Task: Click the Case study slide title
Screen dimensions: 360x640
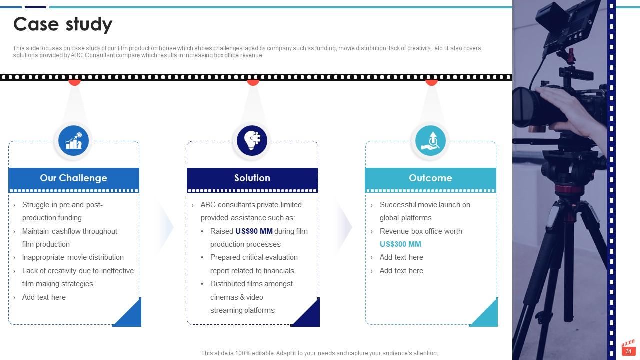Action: [x=63, y=24]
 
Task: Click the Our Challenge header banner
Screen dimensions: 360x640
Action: [x=73, y=178]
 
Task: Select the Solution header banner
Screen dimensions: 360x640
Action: [x=252, y=178]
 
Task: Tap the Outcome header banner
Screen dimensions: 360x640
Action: [x=430, y=178]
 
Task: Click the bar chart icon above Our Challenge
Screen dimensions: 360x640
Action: [x=74, y=141]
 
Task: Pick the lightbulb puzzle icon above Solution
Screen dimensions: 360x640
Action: [x=252, y=141]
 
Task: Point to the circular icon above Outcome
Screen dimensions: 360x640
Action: [x=430, y=141]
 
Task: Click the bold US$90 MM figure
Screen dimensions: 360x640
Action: [x=254, y=231]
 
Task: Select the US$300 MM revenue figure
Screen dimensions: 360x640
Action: [x=400, y=244]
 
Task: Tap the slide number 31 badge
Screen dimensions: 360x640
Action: [x=628, y=351]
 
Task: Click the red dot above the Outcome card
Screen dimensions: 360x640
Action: [x=431, y=82]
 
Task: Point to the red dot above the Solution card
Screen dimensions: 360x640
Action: [x=253, y=82]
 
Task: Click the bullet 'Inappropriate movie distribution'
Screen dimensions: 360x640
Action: [x=73, y=257]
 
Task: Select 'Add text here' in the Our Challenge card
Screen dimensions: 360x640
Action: [x=44, y=297]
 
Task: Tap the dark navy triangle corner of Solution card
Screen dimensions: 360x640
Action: [x=310, y=316]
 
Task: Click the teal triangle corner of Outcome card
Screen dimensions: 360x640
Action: [x=487, y=316]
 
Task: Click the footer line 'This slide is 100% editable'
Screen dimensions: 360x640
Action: [x=319, y=353]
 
